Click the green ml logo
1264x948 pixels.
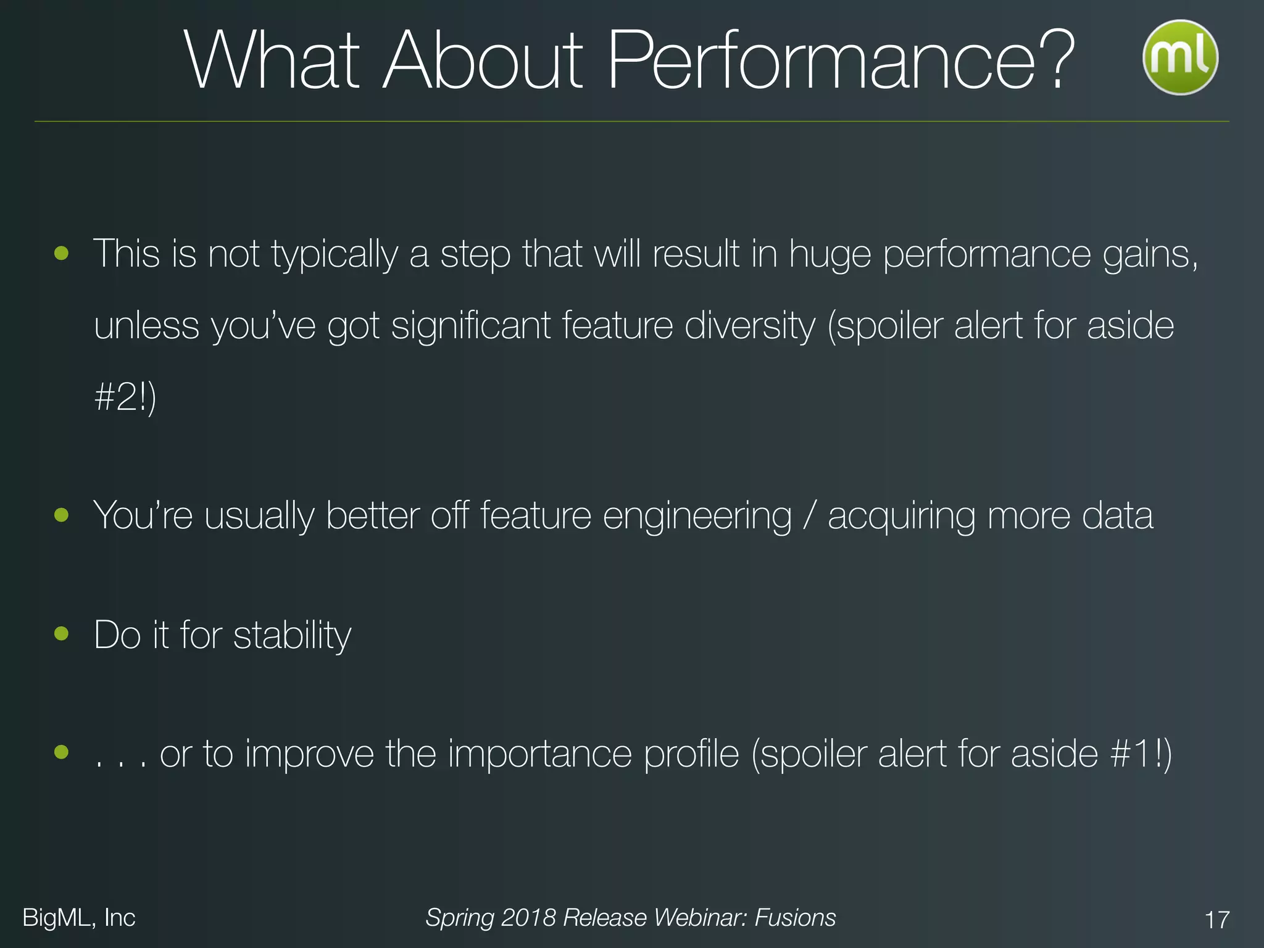pos(1179,57)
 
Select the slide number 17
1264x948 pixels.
pos(1216,920)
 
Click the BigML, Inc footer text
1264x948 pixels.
pos(79,918)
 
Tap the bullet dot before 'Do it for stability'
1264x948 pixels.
pos(61,633)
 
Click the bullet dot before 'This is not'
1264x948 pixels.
pos(61,252)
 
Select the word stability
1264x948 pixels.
pos(292,636)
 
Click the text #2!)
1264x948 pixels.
pos(125,397)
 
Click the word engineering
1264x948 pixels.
pos(697,516)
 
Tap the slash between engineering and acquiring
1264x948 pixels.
pos(809,516)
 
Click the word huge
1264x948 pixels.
pos(830,255)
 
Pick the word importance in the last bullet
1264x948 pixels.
pos(540,755)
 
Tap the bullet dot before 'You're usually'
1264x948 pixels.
pos(61,514)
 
